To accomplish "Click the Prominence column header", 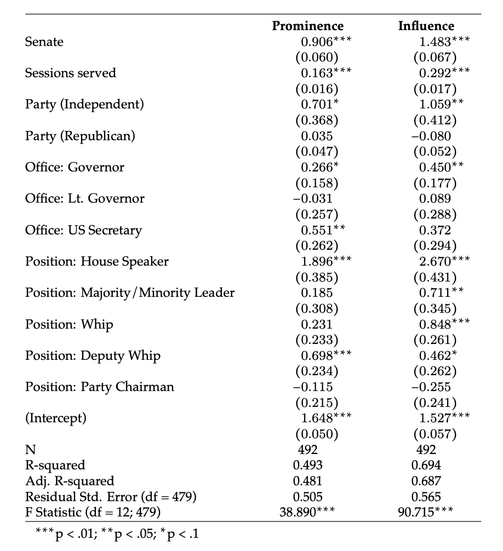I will coord(308,26).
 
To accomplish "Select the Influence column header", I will coord(426,26).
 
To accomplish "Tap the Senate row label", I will coord(44,42).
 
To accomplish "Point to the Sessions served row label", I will coord(70,73).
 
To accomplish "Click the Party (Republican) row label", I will coord(79,136).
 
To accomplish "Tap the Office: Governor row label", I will coord(75,167).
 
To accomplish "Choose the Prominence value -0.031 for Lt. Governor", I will coord(313,198).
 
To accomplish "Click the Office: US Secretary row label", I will coord(83,230).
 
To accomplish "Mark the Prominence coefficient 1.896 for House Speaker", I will coord(317,261).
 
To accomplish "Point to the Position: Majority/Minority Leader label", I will coord(130,292).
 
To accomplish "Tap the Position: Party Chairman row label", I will coord(99,387).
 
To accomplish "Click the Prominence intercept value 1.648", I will coord(317,418).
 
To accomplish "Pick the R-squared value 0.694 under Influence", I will coord(426,466).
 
